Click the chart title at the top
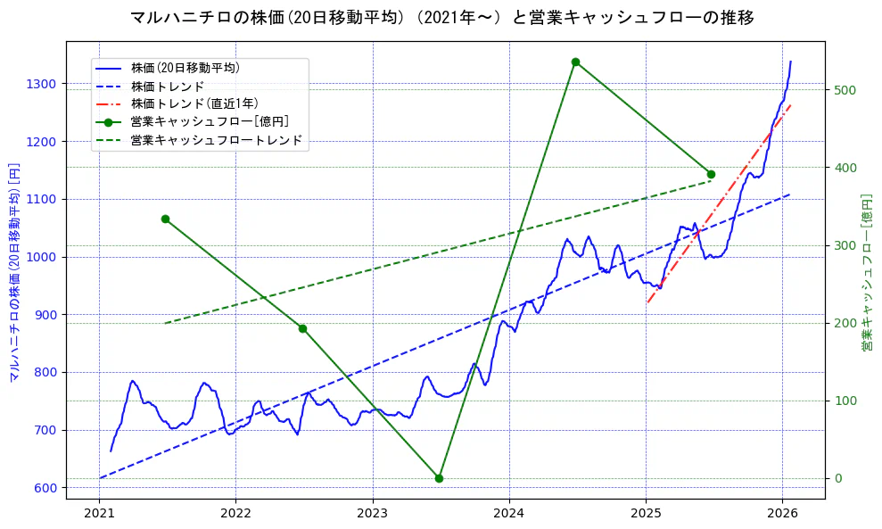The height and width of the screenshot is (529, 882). (x=441, y=18)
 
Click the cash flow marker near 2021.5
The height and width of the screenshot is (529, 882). (x=165, y=219)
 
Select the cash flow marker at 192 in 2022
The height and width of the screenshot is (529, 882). (x=302, y=328)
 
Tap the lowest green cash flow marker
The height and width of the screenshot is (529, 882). (x=439, y=478)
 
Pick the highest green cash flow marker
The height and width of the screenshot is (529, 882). (x=575, y=62)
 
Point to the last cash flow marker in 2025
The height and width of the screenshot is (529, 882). (x=711, y=174)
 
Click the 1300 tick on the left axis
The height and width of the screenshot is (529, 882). (x=41, y=84)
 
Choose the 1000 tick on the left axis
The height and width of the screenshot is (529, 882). (x=41, y=257)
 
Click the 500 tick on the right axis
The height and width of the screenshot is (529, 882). (x=844, y=90)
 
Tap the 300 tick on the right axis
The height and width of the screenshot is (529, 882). (x=844, y=245)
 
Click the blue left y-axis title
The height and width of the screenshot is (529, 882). (x=14, y=272)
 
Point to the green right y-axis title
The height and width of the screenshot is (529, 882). (x=866, y=272)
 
